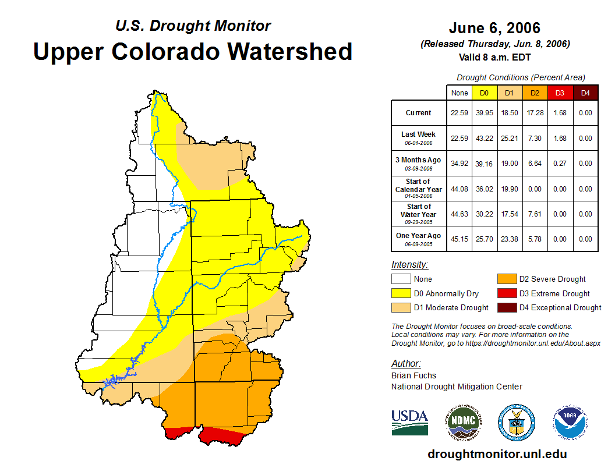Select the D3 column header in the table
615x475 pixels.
pos(560,93)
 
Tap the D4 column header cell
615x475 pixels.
pos(585,93)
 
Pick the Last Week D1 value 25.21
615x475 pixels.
pos(510,139)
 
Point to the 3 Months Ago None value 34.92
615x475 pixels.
pos(460,164)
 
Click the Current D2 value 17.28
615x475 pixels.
pos(535,113)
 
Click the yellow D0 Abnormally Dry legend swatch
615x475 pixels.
pos(401,293)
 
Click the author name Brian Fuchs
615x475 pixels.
pos(413,375)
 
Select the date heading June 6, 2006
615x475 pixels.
pos(494,28)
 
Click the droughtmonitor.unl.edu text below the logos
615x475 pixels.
pos(497,454)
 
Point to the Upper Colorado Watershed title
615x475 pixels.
pos(193,51)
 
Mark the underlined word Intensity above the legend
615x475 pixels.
pos(409,265)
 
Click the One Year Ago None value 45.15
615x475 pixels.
pos(460,239)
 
